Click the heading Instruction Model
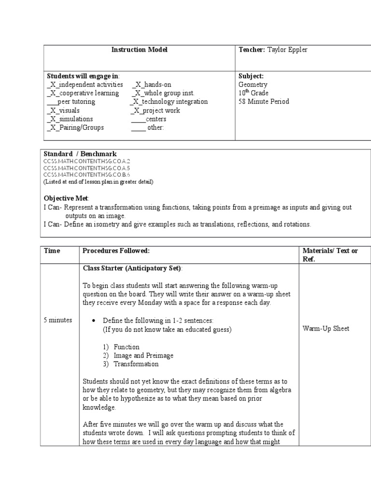139,50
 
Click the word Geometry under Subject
253,84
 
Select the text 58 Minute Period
264,102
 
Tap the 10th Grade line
253,93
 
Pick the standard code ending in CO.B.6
87,175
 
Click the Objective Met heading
67,199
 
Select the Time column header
52,251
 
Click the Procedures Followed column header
116,251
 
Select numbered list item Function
127,347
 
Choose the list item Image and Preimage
143,356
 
